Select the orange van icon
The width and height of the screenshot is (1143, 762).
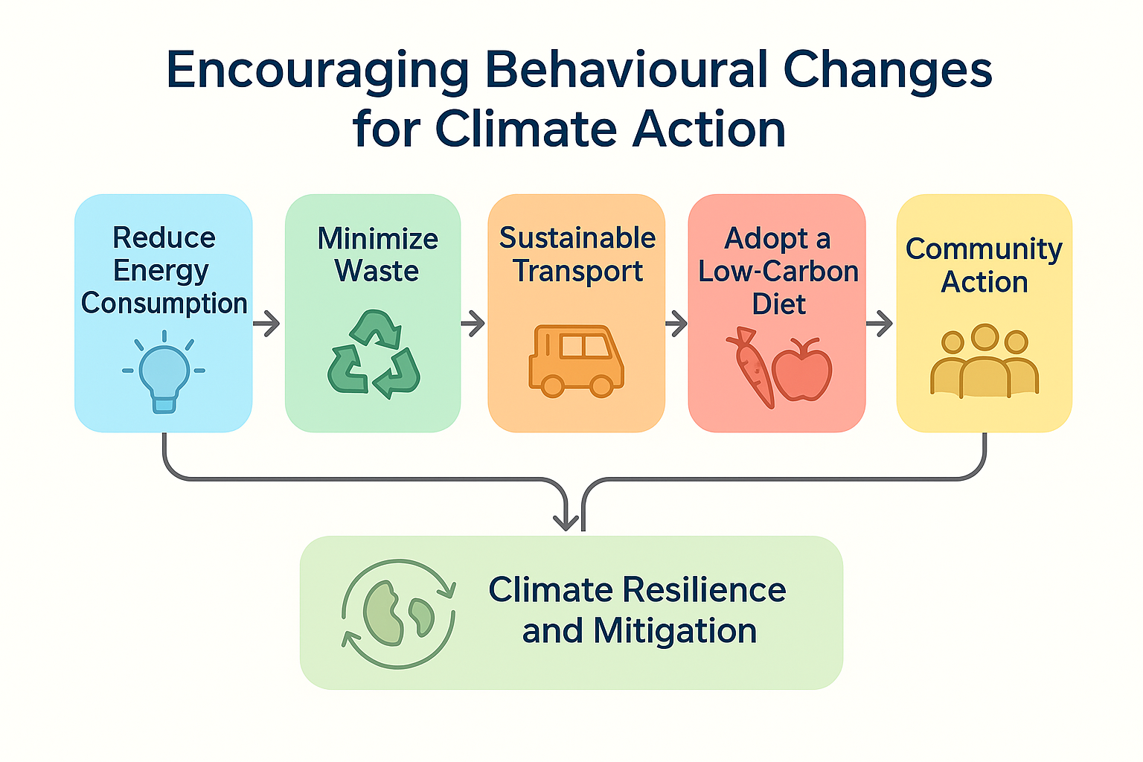point(576,361)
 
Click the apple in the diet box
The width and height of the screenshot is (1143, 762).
point(802,370)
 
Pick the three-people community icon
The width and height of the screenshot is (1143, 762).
point(984,361)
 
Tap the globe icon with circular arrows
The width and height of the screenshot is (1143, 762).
point(398,614)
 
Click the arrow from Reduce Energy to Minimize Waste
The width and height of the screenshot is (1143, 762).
point(266,323)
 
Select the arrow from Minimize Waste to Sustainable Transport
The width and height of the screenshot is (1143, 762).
point(473,323)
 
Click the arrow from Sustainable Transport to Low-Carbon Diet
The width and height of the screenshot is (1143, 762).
point(676,323)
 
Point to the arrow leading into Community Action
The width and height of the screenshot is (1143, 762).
point(879,323)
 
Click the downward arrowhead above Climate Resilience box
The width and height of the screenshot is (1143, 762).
point(566,522)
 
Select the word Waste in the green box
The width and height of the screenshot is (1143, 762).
point(377,271)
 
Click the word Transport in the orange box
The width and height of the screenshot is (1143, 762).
point(578,272)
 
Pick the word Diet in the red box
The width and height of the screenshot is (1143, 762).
point(778,304)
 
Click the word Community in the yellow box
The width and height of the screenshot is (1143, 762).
point(984,250)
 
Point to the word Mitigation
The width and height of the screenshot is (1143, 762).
point(675,632)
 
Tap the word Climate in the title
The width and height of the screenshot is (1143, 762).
point(526,129)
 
